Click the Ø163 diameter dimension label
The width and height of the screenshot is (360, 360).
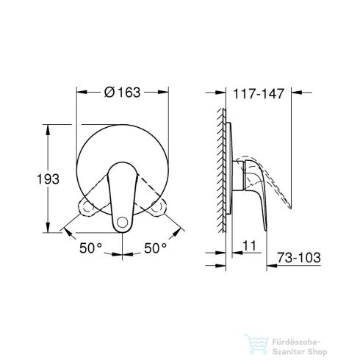click(x=122, y=93)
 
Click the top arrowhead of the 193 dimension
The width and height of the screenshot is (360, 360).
click(x=48, y=126)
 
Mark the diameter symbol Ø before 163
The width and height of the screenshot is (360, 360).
click(x=109, y=93)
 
